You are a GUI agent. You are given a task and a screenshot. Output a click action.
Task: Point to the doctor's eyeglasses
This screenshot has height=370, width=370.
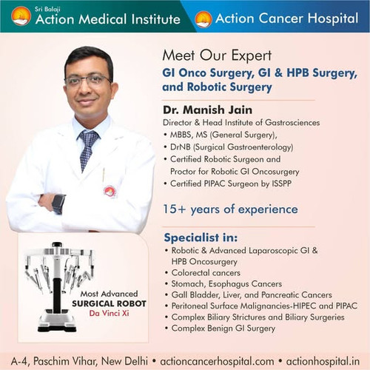88,80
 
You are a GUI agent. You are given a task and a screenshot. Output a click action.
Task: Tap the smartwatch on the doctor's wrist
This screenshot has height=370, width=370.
58,203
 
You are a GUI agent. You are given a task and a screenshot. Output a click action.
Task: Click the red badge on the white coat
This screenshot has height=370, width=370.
110,191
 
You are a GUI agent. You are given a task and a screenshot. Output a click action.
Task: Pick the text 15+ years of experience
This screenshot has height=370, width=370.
229,209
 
